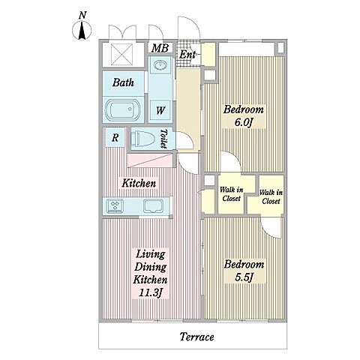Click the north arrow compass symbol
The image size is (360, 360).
pyautogui.click(x=82, y=30)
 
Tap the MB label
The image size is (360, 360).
pyautogui.click(x=160, y=48)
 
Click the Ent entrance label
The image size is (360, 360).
pyautogui.click(x=187, y=55)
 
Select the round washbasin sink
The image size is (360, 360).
pyautogui.click(x=160, y=65)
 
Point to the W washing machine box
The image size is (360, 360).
pyautogui.click(x=160, y=110)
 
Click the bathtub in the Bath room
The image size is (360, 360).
pyautogui.click(x=122, y=110)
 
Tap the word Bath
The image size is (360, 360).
pyautogui.click(x=123, y=82)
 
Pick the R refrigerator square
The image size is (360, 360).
pyautogui.click(x=115, y=137)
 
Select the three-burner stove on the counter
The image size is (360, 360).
pyautogui.click(x=115, y=206)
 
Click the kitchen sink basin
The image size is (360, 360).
pyautogui.click(x=154, y=206)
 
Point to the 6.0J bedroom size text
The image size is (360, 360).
pyautogui.click(x=244, y=122)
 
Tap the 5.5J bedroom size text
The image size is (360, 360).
pyautogui.click(x=244, y=277)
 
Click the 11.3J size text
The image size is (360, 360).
pyautogui.click(x=150, y=292)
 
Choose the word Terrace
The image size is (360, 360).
pyautogui.click(x=197, y=337)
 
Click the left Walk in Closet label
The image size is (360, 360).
pyautogui.click(x=231, y=194)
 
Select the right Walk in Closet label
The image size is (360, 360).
pyautogui.click(x=271, y=196)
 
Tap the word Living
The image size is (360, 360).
pyautogui.click(x=151, y=254)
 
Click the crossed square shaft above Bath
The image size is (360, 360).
pyautogui.click(x=121, y=55)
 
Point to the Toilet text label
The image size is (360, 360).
pyautogui.click(x=163, y=139)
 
